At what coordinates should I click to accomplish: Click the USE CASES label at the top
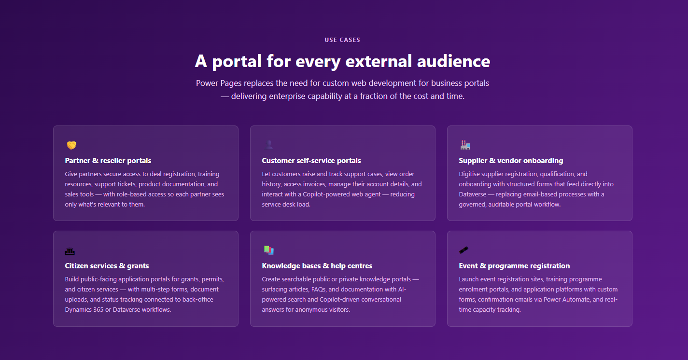(x=342, y=40)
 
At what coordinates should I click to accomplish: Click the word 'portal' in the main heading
(x=237, y=62)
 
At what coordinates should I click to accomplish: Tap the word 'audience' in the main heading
(x=453, y=61)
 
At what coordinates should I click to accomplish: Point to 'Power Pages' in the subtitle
(x=219, y=83)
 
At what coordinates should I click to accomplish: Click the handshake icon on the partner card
(x=71, y=145)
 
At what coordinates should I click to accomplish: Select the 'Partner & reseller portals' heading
(x=108, y=161)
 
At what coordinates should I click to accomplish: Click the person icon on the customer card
(x=269, y=145)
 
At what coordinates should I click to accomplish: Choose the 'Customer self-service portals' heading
(x=311, y=161)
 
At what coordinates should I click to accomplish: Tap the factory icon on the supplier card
(x=465, y=145)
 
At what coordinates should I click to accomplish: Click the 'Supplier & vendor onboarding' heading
(x=511, y=161)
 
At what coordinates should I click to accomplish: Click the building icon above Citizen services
(x=70, y=251)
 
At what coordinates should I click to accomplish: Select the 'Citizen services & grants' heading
(x=107, y=266)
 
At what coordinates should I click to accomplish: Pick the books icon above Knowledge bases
(x=269, y=250)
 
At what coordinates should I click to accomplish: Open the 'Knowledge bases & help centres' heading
(x=317, y=266)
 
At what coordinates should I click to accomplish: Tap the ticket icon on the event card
(x=464, y=250)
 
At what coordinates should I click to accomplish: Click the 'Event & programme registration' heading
(x=514, y=266)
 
